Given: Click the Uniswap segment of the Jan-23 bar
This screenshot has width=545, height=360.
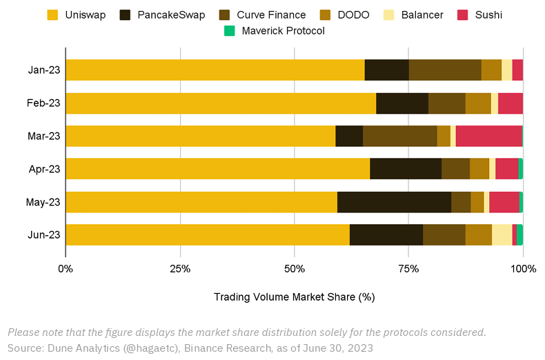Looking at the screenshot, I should coord(215,70).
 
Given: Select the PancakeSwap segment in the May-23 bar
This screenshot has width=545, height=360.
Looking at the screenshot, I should coord(394,202).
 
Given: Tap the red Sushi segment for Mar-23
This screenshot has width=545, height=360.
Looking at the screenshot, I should coord(488,136).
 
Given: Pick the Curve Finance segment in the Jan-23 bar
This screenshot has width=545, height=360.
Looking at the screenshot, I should coord(445,70).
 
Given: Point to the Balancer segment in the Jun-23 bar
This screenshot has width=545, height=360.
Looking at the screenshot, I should coord(502,234).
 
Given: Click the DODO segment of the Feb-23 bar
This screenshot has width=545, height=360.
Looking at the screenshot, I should coord(478,103).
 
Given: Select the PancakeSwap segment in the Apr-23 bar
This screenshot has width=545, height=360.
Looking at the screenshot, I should coord(406,169).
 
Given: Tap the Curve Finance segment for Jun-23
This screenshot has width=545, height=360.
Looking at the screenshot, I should coord(444,234).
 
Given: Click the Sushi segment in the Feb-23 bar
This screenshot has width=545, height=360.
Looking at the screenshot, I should coord(510,103).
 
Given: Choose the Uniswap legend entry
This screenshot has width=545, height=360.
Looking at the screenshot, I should coord(76,14).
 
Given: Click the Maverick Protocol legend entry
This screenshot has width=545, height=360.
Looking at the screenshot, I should coord(275,30).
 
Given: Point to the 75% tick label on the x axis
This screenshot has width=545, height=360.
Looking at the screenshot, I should coord(408,268).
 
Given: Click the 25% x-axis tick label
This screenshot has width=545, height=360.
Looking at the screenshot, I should coord(180,268).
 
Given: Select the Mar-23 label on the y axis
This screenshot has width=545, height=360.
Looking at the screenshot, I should coord(44,136).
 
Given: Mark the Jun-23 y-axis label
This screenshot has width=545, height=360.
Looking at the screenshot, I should coord(44,234).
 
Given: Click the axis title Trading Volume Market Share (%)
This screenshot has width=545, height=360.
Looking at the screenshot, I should coord(294,297).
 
